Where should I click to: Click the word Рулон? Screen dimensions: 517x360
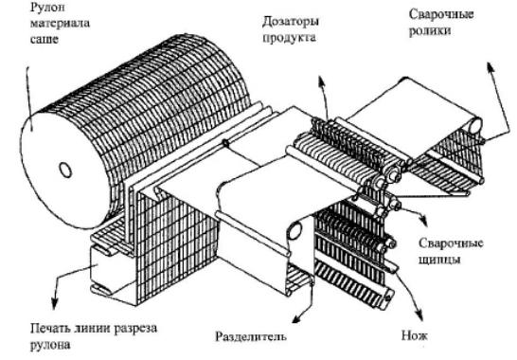point(47,8)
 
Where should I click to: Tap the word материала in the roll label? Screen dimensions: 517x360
point(60,24)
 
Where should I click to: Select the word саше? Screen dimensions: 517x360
point(45,39)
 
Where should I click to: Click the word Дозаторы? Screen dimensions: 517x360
point(291,22)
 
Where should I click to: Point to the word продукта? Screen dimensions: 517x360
point(289,37)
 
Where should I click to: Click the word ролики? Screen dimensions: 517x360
point(430,31)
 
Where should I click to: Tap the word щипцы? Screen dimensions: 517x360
point(439,260)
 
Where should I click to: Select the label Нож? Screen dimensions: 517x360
point(415,335)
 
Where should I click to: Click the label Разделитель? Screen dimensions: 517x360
point(251,336)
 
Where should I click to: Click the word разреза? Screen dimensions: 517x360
point(135,330)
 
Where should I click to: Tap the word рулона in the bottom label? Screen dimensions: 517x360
point(50,346)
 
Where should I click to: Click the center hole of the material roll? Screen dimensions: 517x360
point(65,170)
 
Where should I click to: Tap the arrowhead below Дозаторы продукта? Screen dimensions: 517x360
point(321,81)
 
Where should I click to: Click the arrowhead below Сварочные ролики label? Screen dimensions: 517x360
point(490,67)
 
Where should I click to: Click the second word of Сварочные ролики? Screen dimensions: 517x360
point(430,31)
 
